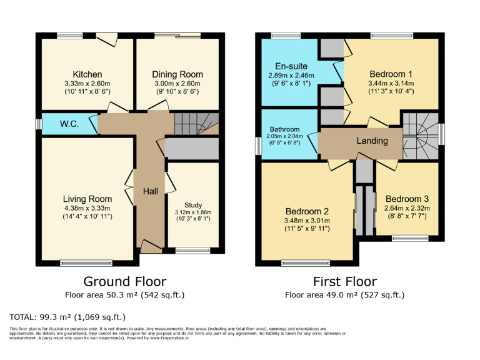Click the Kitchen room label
point(87,74)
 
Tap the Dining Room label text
point(177,74)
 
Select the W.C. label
point(69,124)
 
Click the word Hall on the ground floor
point(150,191)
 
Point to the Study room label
point(193,205)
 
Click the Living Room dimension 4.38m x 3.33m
point(87,208)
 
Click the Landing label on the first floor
point(372,141)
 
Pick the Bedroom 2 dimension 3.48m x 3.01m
point(307,220)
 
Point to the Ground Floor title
point(125,281)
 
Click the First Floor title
point(345,281)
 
